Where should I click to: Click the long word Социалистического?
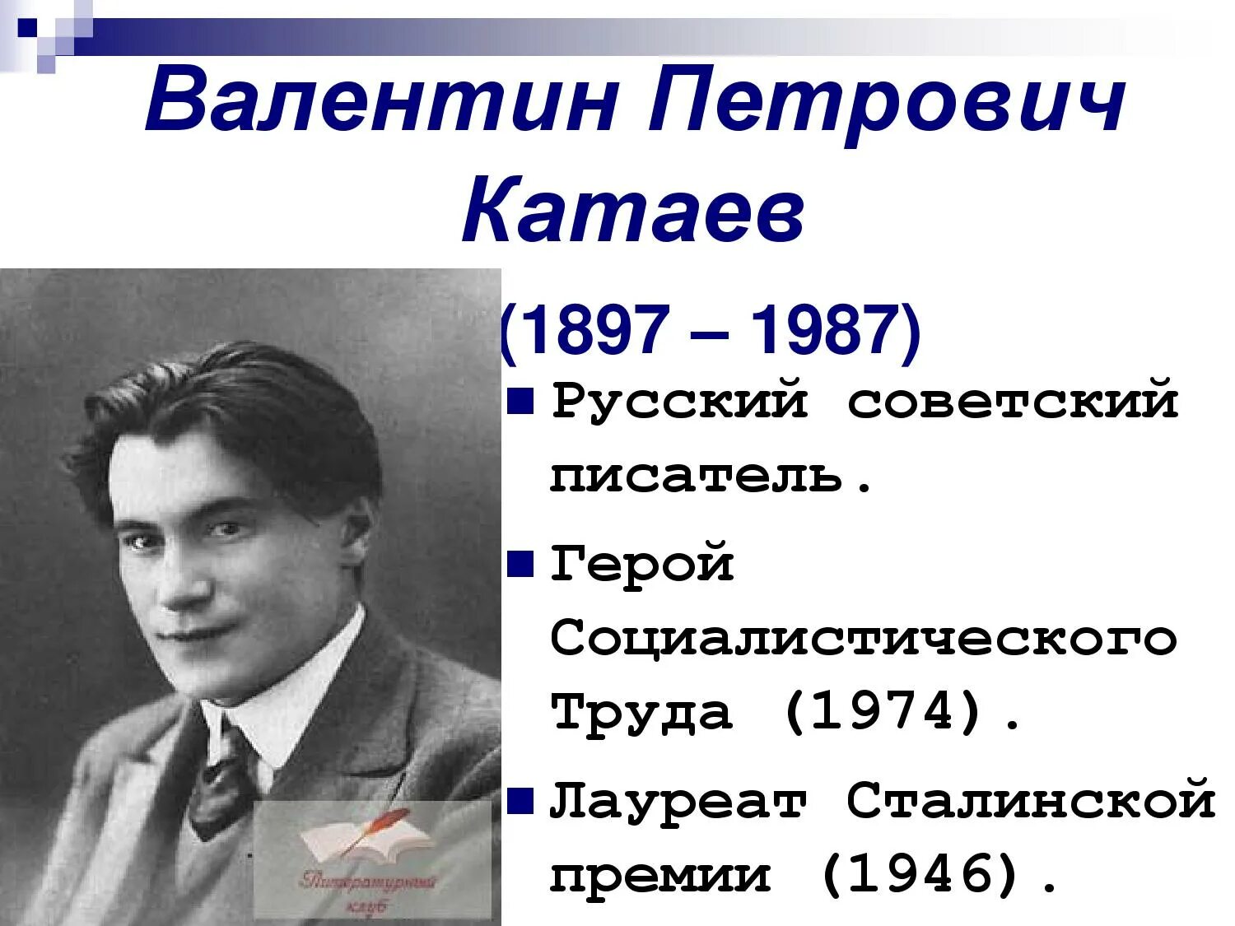pos(863,638)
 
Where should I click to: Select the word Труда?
pos(642,712)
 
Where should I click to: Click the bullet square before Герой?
pos(520,565)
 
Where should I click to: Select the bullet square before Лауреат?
pos(520,799)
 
